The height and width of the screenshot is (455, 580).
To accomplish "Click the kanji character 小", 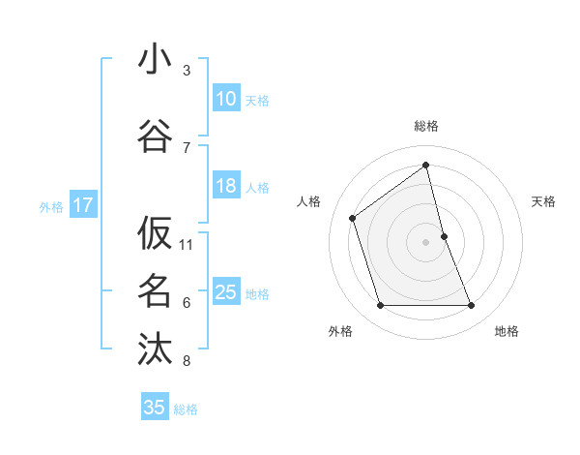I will (x=155, y=60).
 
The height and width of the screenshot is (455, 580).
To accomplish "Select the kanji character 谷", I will (x=155, y=136).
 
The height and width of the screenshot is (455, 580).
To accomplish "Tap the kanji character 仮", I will (x=155, y=232).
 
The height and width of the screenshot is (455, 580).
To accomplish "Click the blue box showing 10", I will (x=225, y=99).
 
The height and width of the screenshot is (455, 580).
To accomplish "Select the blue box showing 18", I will (x=225, y=187).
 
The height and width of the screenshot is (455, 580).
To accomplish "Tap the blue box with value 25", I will (x=225, y=293).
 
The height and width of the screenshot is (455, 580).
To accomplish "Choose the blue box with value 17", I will (x=82, y=205).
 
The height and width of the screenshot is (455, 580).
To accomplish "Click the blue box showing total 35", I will (x=155, y=408).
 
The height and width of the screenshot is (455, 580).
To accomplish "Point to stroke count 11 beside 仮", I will (x=187, y=244).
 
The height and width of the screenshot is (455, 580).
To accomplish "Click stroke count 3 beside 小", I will (x=187, y=71).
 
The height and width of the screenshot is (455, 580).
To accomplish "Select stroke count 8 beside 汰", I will (x=187, y=361).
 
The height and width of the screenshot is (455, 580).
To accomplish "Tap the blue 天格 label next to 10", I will (x=257, y=100).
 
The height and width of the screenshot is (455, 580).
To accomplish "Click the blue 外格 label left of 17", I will (x=51, y=206).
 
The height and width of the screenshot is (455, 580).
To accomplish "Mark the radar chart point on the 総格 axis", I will (x=426, y=165).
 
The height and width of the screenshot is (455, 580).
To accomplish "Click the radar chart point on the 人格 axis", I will (x=353, y=218).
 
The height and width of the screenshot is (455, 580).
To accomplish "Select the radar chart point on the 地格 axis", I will (x=472, y=306).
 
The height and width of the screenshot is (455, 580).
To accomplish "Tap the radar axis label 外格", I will (x=340, y=331).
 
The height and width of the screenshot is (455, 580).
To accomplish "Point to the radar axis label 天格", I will (x=544, y=201).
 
